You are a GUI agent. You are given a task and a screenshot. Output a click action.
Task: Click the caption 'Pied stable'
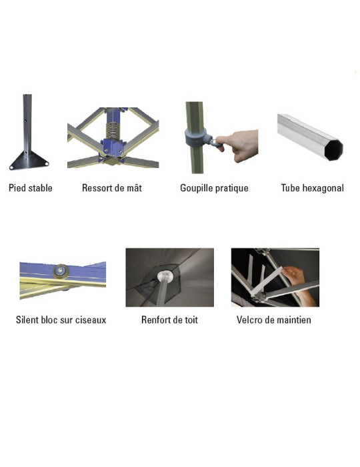coord(31,188)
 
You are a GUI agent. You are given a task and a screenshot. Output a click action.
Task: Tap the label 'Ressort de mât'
coord(112,188)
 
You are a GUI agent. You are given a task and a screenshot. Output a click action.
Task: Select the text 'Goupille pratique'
coord(214,188)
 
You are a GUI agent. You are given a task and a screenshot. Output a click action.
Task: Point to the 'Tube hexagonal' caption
coord(313,188)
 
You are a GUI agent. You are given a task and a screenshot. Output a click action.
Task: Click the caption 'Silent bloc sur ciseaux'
coord(61,320)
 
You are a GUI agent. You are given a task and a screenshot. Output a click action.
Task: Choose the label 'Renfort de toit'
coord(169,320)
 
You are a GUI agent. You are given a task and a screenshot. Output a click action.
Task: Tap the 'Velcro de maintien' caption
coord(274,320)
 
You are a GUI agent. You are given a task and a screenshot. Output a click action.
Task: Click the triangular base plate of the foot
coord(29,160)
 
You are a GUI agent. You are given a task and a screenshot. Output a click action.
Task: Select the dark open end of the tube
coord(333,150)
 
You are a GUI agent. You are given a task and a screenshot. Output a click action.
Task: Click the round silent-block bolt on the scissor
coord(61,271)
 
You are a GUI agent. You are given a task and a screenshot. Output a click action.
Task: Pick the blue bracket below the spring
coord(113,148)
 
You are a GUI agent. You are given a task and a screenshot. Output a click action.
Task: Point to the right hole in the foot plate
coord(47,163)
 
